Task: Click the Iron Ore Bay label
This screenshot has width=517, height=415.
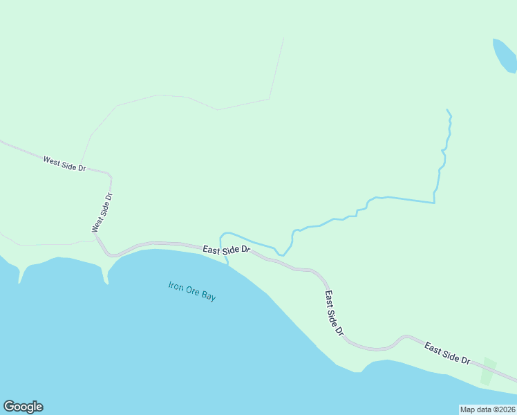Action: pyautogui.click(x=192, y=290)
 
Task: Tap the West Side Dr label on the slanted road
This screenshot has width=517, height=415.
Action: pyautogui.click(x=64, y=163)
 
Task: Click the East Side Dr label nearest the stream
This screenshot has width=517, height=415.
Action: pyautogui.click(x=226, y=249)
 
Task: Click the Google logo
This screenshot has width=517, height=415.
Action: pyautogui.click(x=23, y=407)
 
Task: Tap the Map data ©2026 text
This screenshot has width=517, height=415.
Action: pyautogui.click(x=487, y=409)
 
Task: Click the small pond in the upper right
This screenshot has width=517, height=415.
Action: pyautogui.click(x=505, y=55)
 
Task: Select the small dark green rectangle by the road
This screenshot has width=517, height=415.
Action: pyautogui.click(x=488, y=371)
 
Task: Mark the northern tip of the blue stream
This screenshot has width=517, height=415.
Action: pyautogui.click(x=448, y=110)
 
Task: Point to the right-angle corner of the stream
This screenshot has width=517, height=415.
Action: pyautogui.click(x=434, y=203)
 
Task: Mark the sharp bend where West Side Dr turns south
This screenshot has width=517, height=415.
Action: pyautogui.click(x=109, y=174)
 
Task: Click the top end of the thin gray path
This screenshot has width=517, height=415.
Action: pyautogui.click(x=284, y=37)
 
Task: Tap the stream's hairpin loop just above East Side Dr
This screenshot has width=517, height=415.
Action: pyautogui.click(x=222, y=237)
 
